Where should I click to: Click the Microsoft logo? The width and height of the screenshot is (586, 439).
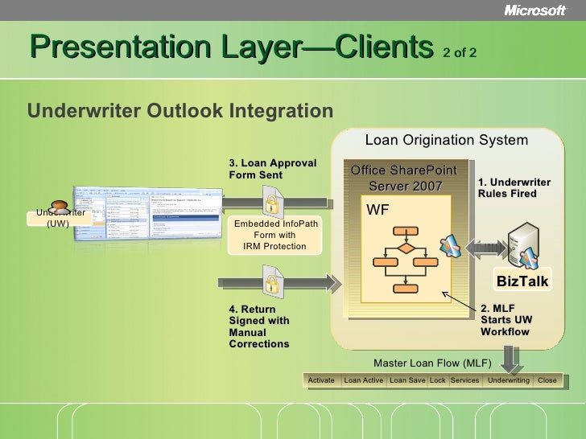pos(535,10)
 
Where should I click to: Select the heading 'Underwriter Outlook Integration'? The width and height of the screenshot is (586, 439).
pos(180,110)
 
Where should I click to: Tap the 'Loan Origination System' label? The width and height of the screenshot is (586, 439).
pos(446,140)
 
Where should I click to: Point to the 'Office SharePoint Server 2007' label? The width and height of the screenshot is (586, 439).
pos(405,178)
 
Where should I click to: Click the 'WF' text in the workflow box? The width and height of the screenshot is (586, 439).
pos(378,211)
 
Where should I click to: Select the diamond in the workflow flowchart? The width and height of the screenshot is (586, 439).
pos(406,248)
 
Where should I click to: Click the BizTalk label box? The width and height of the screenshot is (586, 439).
pos(522,281)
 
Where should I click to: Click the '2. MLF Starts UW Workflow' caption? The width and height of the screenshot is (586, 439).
pos(506,320)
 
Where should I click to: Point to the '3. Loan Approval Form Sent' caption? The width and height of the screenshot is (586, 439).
pos(272,169)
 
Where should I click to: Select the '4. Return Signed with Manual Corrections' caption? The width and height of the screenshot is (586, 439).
pos(259,326)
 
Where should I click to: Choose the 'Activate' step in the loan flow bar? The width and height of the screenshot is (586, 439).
pos(321,380)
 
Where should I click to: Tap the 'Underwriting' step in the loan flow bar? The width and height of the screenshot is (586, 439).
pos(509,380)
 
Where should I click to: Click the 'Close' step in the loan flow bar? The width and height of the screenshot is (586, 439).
pos(547,380)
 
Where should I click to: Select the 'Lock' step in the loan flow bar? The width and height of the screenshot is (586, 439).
pos(437,380)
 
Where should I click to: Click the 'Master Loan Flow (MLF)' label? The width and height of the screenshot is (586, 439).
pos(433,363)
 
